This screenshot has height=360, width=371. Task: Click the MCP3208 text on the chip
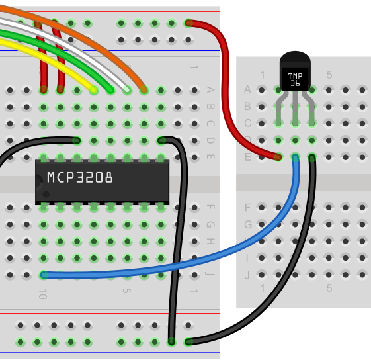coord(80,177)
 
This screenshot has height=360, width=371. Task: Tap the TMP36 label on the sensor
coord(295,79)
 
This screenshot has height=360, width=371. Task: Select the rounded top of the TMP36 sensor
coord(295,56)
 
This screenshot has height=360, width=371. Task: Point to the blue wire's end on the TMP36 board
coord(296,157)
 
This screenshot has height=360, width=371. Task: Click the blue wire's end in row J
coord(44,275)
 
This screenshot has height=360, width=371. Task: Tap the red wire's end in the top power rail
coord(188,23)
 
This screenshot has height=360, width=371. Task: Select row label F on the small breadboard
coord(247,208)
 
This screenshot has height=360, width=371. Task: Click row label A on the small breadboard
coord(247,89)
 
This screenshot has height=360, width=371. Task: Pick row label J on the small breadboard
coord(247,275)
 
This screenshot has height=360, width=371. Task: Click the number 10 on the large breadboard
coord(43,294)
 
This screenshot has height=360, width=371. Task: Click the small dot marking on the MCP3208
coord(46,194)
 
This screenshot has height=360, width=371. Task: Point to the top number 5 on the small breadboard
coord(329,75)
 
